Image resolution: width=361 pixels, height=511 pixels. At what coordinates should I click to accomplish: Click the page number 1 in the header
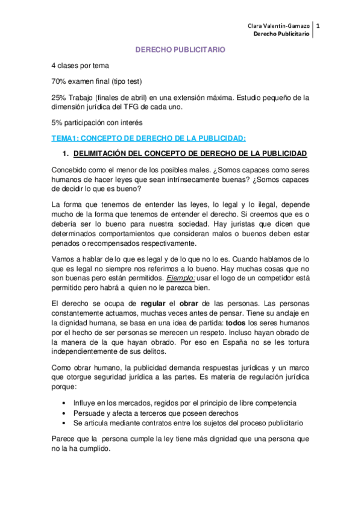click(318, 26)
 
